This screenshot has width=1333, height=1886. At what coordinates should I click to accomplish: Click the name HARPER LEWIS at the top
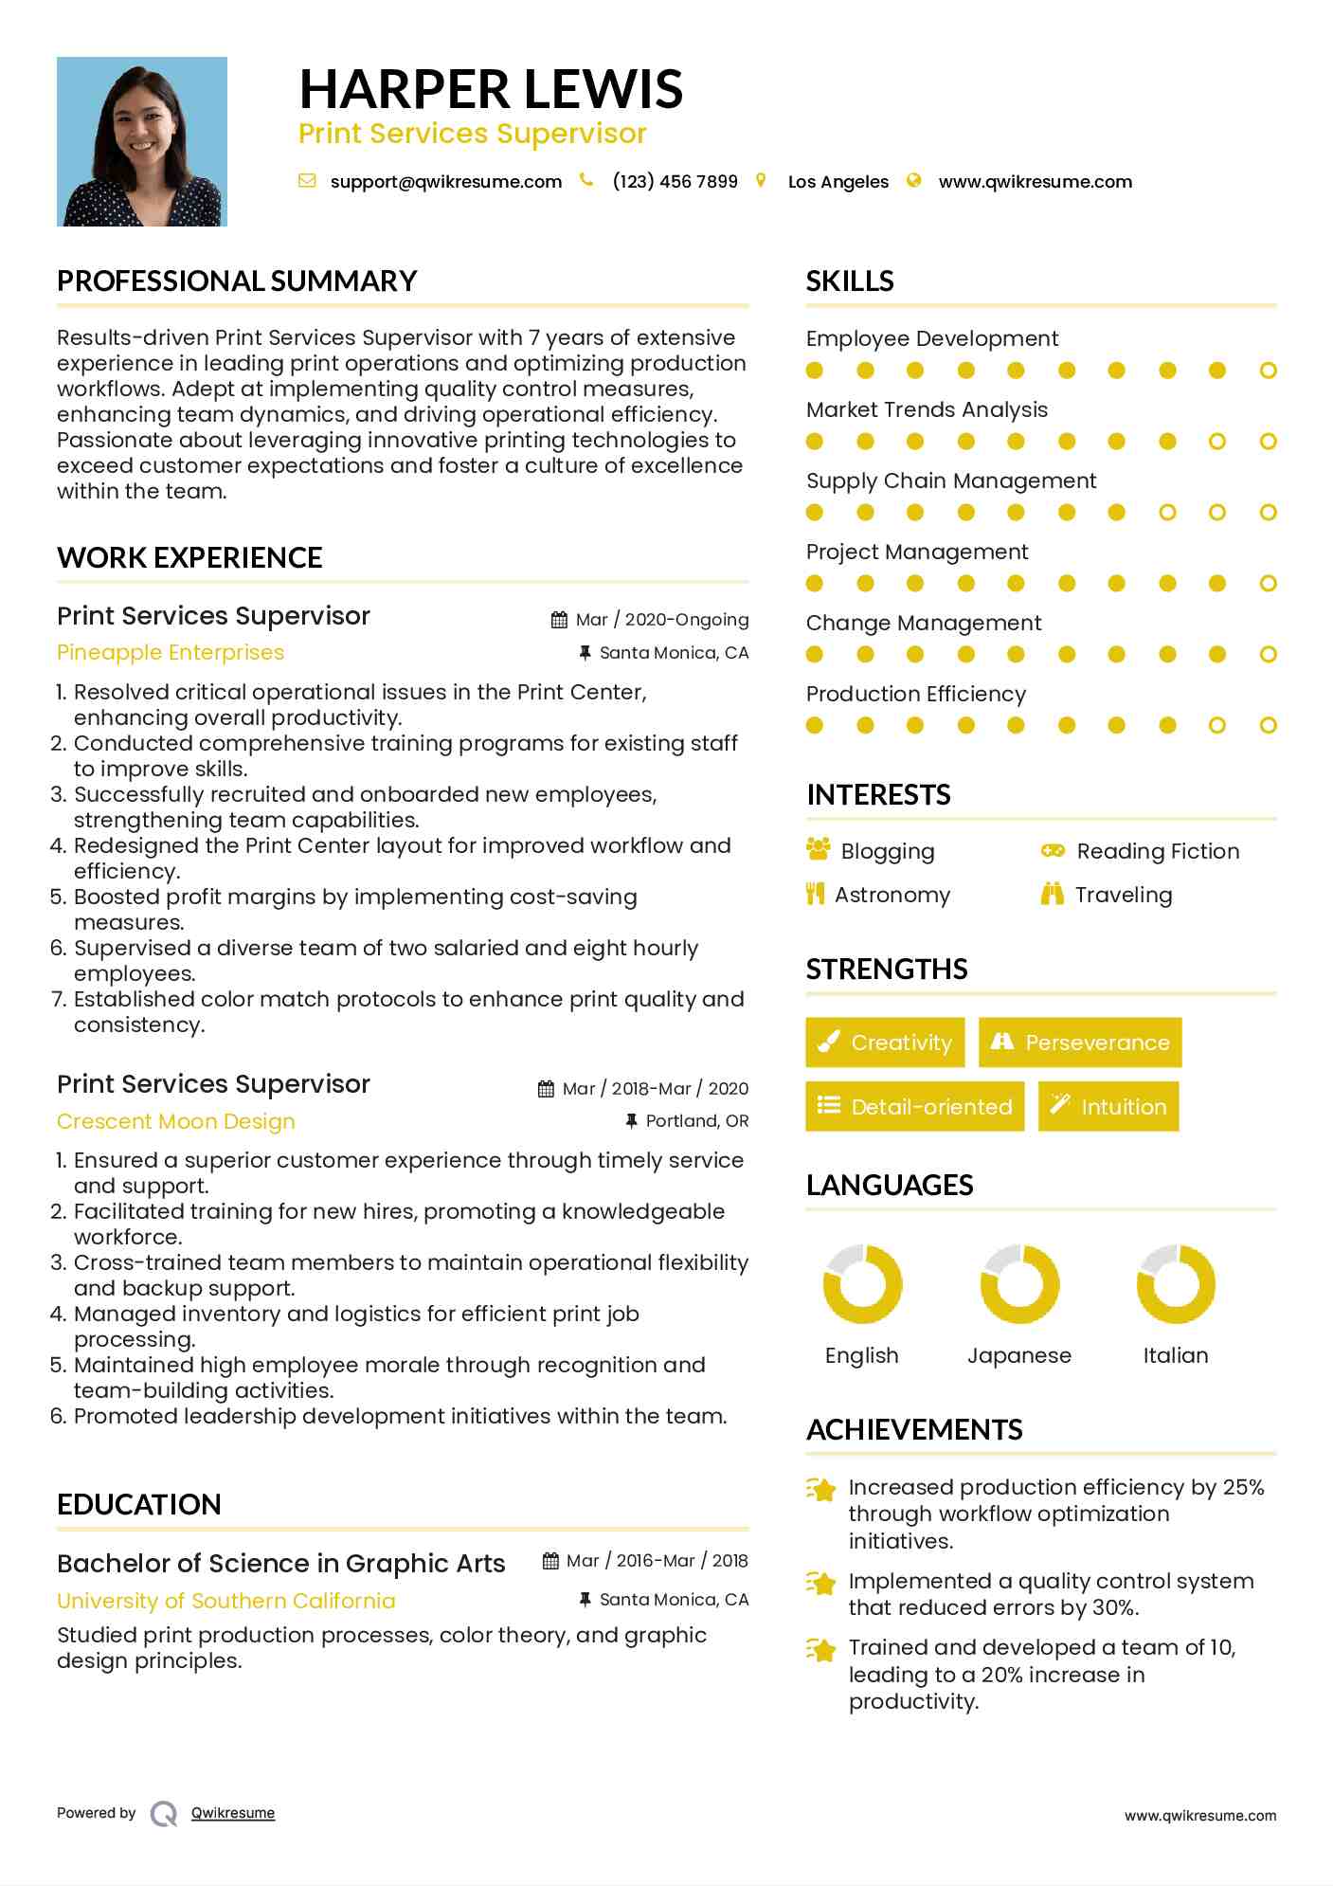(x=491, y=89)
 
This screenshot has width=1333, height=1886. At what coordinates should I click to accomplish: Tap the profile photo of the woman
(x=142, y=141)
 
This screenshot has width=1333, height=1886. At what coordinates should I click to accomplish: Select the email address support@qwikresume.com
(x=445, y=182)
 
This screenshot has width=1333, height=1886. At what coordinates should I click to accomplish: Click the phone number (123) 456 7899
(x=675, y=182)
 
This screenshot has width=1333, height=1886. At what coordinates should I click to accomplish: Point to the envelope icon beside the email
(x=307, y=181)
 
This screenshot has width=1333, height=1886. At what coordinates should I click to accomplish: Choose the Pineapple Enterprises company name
(x=171, y=653)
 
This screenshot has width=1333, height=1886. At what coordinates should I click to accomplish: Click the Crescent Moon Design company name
(x=176, y=1121)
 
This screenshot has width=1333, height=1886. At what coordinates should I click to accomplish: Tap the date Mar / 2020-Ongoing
(x=661, y=620)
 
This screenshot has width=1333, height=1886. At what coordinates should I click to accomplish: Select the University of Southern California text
(x=226, y=1601)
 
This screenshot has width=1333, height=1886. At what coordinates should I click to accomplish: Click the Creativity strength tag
(x=885, y=1043)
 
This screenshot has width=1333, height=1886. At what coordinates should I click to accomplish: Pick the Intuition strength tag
(x=1108, y=1107)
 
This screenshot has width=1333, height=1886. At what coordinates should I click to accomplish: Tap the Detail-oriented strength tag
(x=914, y=1107)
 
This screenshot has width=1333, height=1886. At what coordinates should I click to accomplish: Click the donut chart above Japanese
(x=1019, y=1284)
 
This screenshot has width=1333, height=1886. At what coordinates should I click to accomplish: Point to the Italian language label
(x=1176, y=1355)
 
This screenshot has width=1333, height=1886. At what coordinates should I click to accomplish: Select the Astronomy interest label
(x=892, y=895)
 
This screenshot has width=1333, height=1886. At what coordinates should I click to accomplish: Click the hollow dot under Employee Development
(x=1268, y=371)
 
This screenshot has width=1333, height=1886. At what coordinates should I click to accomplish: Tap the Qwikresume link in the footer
(x=233, y=1813)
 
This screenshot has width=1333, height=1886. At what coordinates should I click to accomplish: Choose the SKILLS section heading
(x=850, y=281)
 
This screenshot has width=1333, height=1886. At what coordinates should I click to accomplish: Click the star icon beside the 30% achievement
(x=821, y=1583)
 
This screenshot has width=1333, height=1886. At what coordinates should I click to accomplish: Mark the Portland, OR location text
(x=696, y=1121)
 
